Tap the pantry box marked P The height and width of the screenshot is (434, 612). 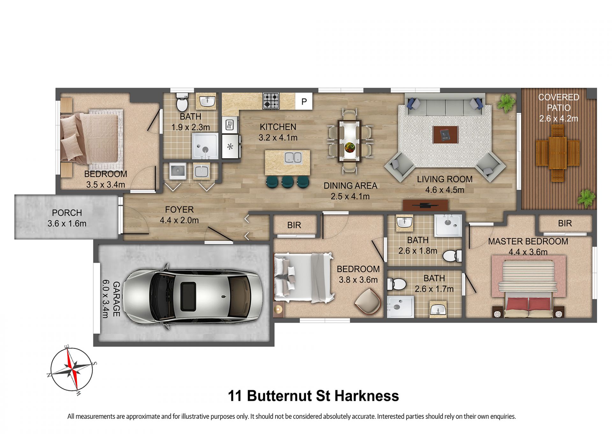point(304,101)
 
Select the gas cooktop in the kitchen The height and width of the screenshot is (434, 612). point(271,101)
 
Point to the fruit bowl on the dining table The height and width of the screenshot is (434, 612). point(350,147)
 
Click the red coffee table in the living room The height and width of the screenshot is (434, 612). point(445,135)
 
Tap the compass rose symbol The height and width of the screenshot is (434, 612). point(72,370)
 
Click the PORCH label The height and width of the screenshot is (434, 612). point(67,213)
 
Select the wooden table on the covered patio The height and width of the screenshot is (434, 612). point(557,153)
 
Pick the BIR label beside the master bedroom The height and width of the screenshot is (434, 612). point(565,223)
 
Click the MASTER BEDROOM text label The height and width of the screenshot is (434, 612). point(528,242)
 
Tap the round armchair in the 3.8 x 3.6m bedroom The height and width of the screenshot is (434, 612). point(368,302)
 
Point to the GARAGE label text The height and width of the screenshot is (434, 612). point(116,299)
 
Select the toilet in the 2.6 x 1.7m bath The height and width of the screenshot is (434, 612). point(397,284)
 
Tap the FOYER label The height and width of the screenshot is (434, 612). point(179,210)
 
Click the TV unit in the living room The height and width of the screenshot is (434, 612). point(425,205)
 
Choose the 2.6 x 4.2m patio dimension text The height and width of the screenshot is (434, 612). point(558,119)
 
